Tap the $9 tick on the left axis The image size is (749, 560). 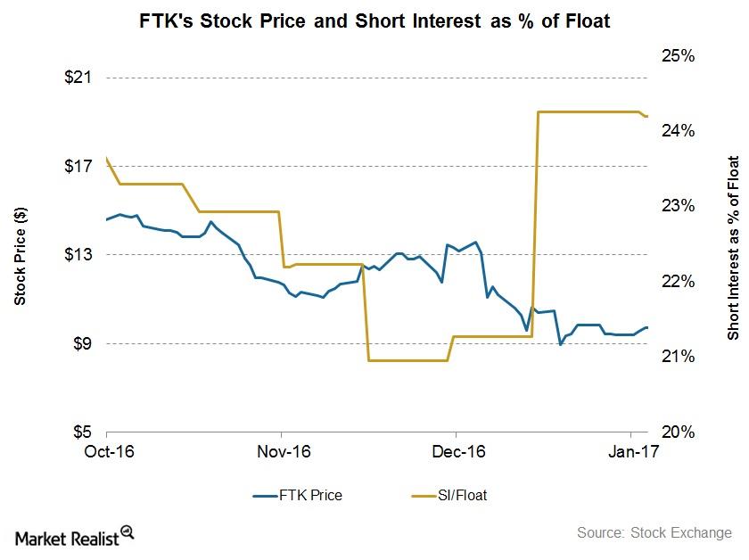[83, 343]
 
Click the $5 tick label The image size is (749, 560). [83, 432]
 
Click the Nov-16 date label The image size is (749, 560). [282, 452]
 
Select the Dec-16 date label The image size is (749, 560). [456, 452]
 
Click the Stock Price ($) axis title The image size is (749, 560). [21, 254]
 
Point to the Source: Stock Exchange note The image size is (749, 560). [654, 533]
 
